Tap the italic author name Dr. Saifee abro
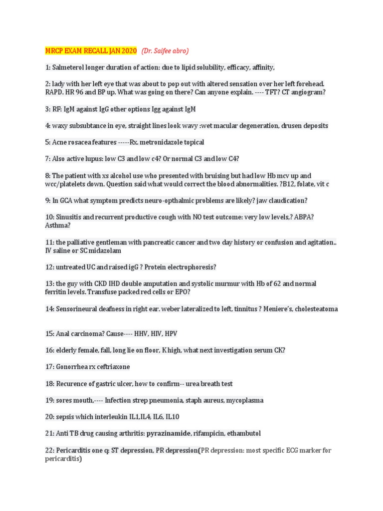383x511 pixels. tap(165, 51)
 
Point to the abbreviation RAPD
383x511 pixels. tap(55, 93)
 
